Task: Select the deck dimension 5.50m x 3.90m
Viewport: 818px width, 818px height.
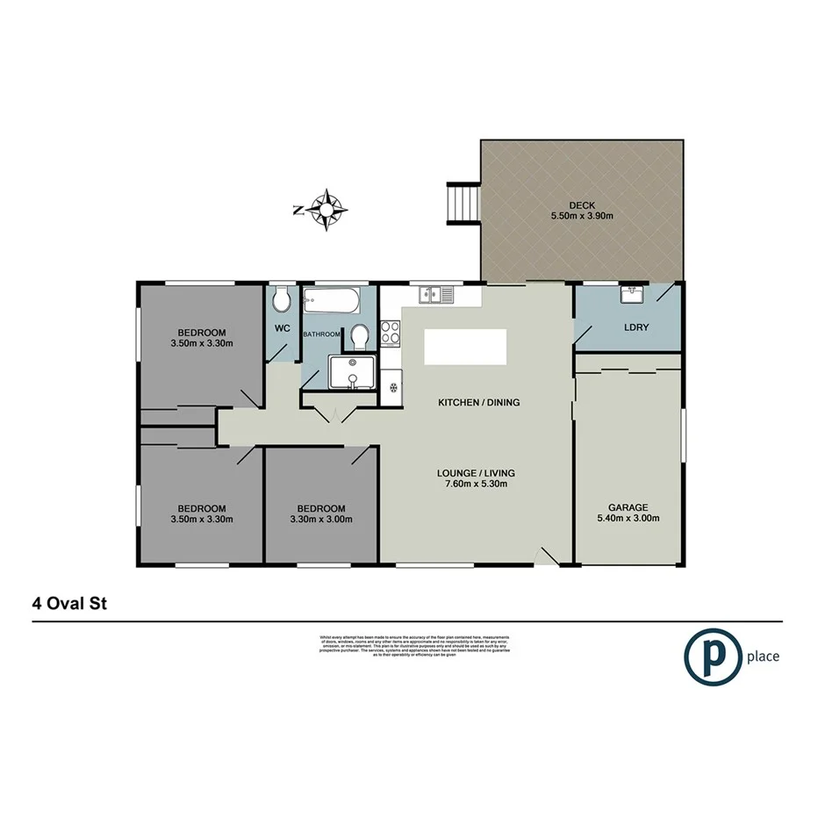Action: [x=581, y=216]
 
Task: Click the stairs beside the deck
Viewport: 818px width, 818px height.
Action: [x=464, y=203]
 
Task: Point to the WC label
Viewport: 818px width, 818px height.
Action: [x=283, y=328]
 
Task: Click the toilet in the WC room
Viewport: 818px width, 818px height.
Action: [x=282, y=302]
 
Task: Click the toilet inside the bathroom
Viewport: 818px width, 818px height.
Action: [x=359, y=335]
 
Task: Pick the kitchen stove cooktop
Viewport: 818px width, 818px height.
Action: [x=391, y=334]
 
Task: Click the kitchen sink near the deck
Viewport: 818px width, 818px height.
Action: [x=436, y=295]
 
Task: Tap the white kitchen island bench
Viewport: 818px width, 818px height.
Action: [x=465, y=347]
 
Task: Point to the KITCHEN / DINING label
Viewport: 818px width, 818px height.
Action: [x=479, y=403]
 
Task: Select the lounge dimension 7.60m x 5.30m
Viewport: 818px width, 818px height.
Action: [x=476, y=484]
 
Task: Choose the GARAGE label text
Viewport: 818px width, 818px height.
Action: [x=628, y=507]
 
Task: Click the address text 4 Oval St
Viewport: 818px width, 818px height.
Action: [x=71, y=604]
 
